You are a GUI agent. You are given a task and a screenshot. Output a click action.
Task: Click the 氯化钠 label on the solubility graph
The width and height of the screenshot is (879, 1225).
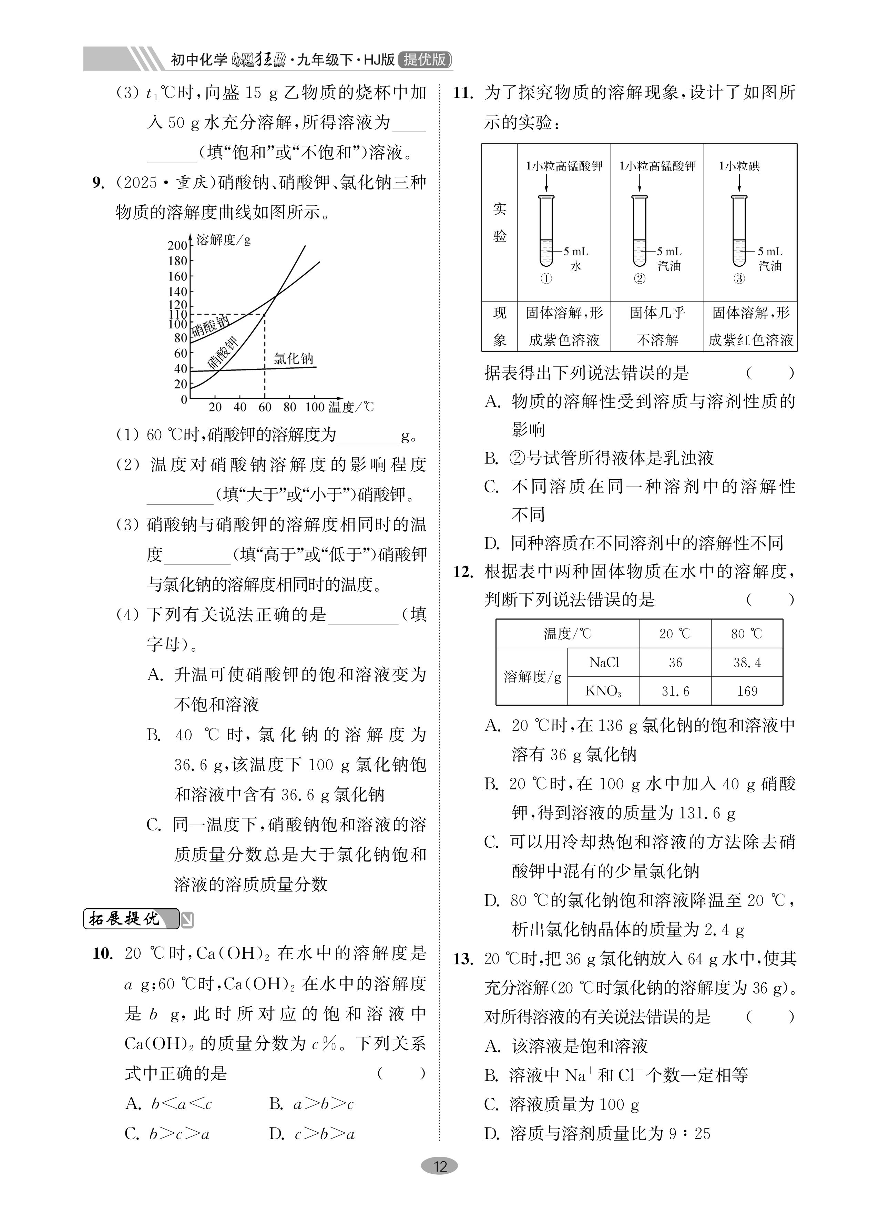(293, 359)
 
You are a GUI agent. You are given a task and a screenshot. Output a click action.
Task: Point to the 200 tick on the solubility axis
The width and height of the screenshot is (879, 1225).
(177, 245)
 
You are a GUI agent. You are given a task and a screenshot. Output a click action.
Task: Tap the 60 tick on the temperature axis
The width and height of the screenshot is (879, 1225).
(265, 407)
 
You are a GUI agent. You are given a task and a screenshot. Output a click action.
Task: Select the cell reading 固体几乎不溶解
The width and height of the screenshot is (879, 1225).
(657, 326)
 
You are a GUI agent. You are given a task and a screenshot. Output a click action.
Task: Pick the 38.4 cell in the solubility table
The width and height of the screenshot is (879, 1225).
(747, 663)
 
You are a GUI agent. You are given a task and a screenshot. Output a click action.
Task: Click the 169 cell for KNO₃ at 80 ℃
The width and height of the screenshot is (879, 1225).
(747, 691)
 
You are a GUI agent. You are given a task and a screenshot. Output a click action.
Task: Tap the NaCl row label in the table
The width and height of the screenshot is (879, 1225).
(603, 663)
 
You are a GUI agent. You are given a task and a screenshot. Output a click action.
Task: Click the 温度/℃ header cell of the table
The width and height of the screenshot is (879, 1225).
(567, 634)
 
